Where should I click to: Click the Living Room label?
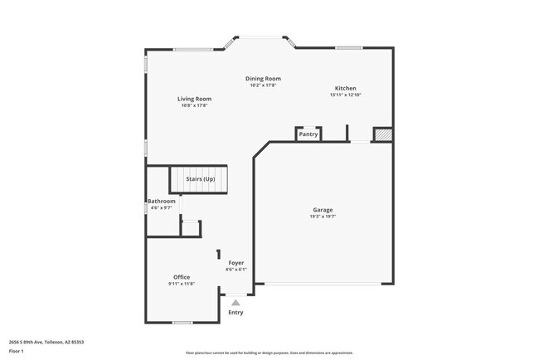point(194,99)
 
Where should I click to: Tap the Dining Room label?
point(263,79)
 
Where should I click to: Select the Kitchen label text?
point(346,88)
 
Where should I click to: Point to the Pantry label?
point(308,134)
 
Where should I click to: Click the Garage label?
point(323,210)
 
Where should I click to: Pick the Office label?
point(182,277)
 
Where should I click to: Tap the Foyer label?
point(236,263)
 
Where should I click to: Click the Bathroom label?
point(161,202)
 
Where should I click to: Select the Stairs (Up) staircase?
point(200,179)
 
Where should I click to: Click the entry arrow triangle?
point(236,303)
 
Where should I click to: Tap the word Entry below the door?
point(236,313)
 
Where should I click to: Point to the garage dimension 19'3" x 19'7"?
point(323,216)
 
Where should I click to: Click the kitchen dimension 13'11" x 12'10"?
point(346,95)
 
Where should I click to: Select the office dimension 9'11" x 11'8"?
point(182,284)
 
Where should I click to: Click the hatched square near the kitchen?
point(381,134)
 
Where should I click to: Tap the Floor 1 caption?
point(17,351)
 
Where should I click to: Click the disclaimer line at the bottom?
point(269,353)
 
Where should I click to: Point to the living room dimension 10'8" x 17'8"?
point(194,105)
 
